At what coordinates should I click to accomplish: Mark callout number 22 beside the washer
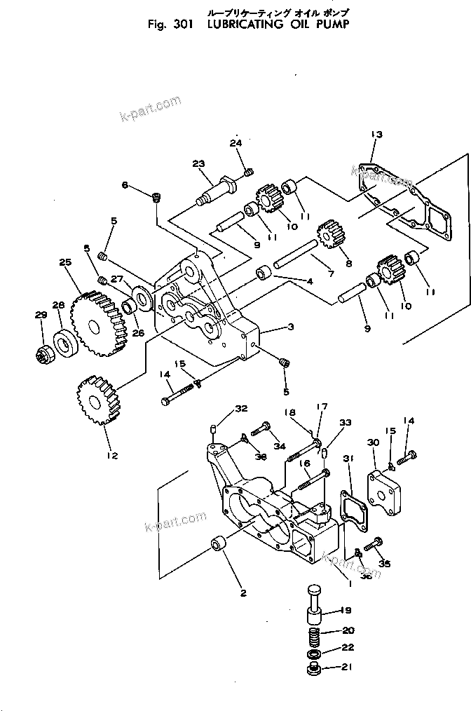[x=348, y=648]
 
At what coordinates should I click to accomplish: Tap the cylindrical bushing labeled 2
[x=220, y=545]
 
